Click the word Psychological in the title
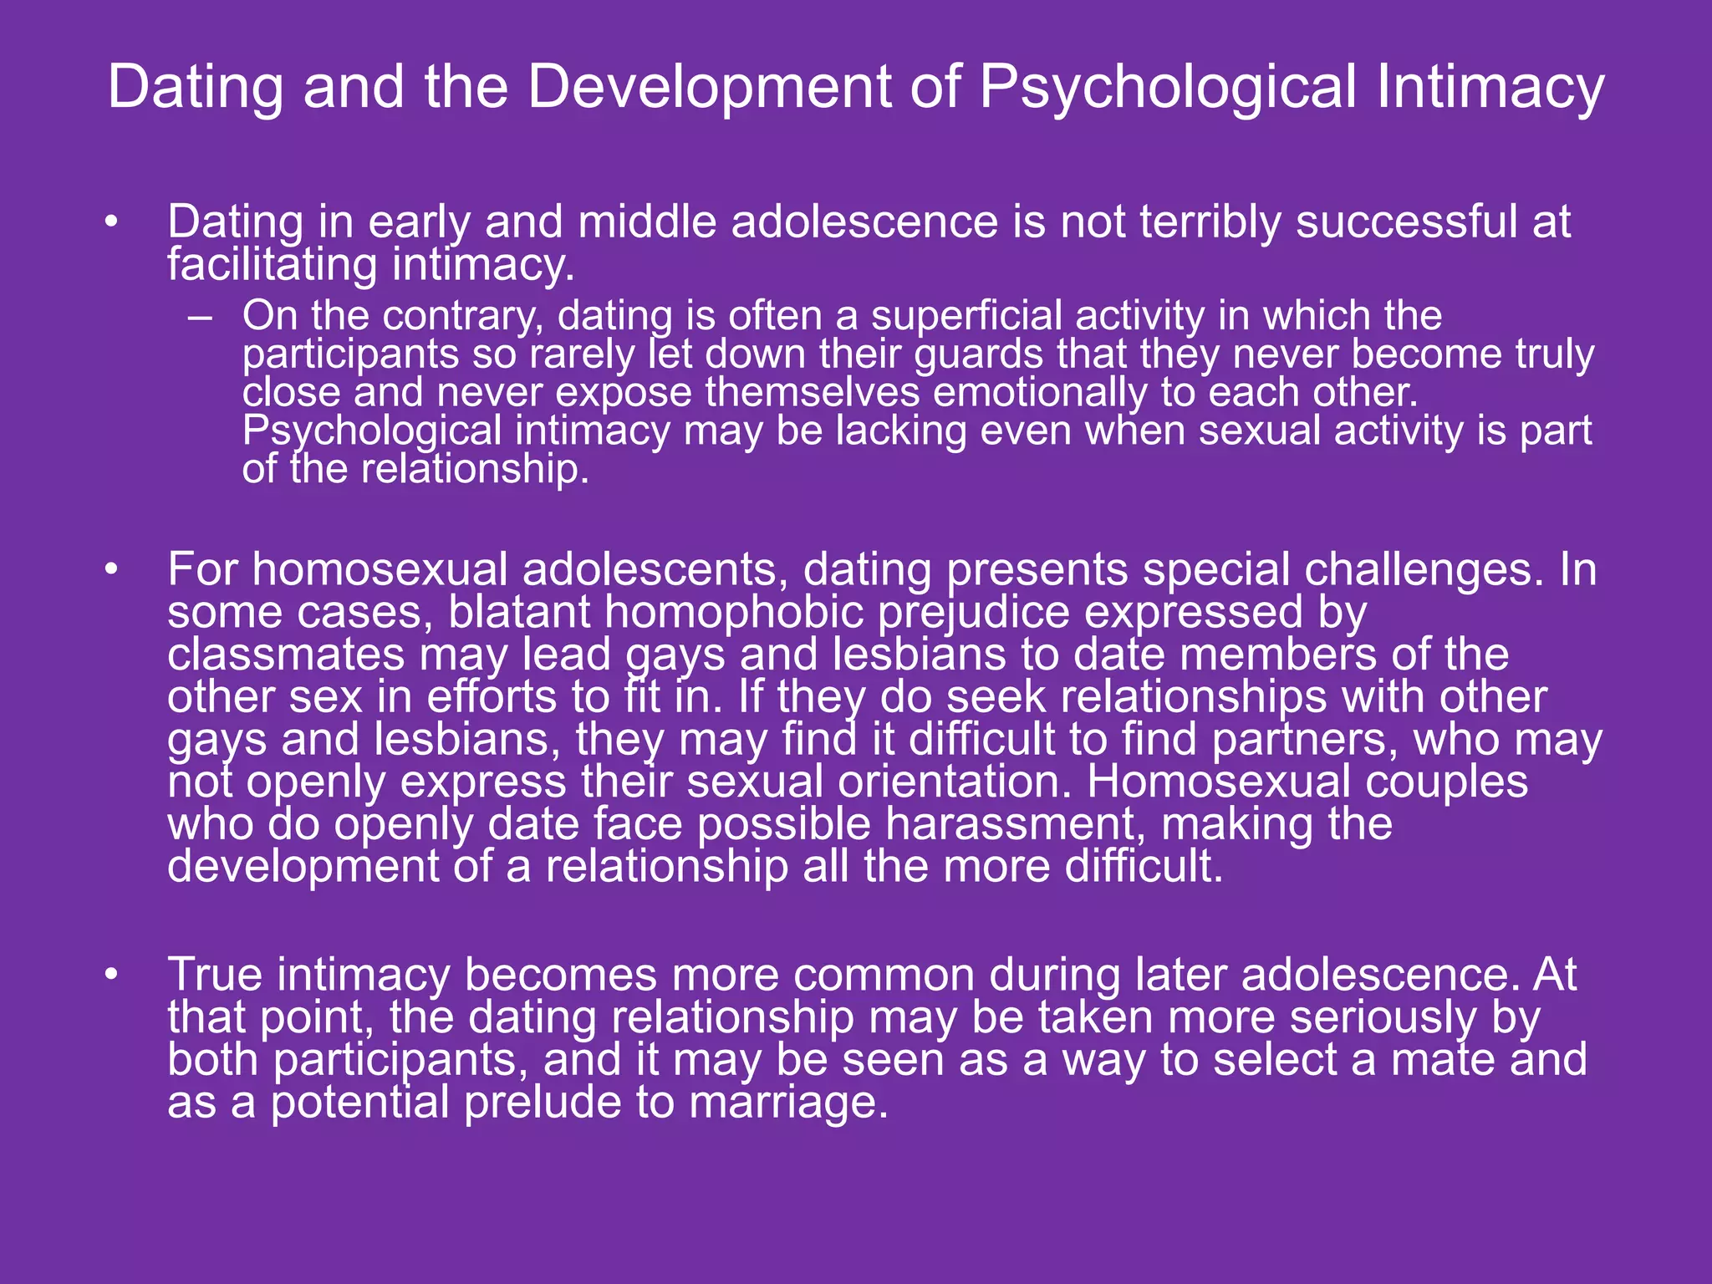(x=1167, y=88)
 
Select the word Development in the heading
(x=709, y=86)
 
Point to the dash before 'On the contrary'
(x=200, y=317)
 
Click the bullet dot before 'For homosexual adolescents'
(x=111, y=570)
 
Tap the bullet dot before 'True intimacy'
(x=111, y=976)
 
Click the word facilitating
(x=273, y=265)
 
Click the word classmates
(x=286, y=655)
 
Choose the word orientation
(x=950, y=782)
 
